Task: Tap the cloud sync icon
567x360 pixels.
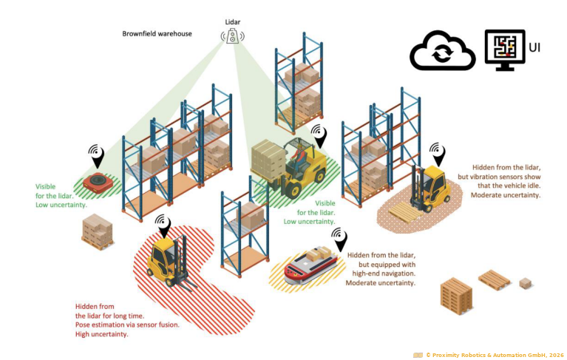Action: pos(442,52)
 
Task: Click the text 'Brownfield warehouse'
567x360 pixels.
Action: pos(158,34)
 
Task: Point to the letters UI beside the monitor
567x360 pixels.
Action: pos(534,47)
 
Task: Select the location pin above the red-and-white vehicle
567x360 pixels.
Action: pos(339,239)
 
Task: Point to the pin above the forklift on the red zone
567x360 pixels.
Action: pos(163,225)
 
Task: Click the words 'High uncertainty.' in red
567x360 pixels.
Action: pos(102,334)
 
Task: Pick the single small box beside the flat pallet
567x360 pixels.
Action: pos(525,283)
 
